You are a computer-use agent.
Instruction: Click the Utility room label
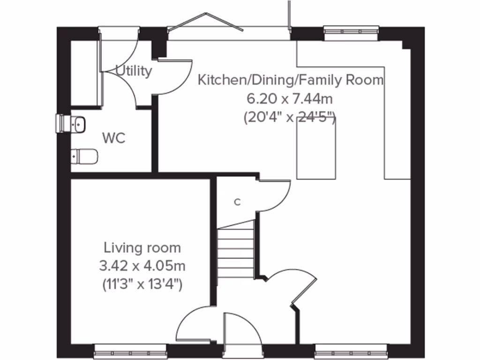(134, 71)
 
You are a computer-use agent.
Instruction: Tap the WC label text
(114, 139)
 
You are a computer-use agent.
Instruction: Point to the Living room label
(142, 247)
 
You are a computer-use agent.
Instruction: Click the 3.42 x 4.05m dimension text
(142, 266)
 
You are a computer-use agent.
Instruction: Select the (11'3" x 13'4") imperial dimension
(142, 284)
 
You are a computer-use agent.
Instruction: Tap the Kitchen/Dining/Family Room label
(291, 80)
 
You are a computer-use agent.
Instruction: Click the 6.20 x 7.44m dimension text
(291, 98)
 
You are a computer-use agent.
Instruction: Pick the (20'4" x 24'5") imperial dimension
(290, 117)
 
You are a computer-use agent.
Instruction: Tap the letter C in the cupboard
(237, 202)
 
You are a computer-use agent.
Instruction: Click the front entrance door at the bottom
(242, 335)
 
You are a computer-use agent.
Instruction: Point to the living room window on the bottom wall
(130, 350)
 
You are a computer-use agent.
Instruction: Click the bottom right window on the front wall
(351, 350)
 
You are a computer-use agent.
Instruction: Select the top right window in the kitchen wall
(351, 31)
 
